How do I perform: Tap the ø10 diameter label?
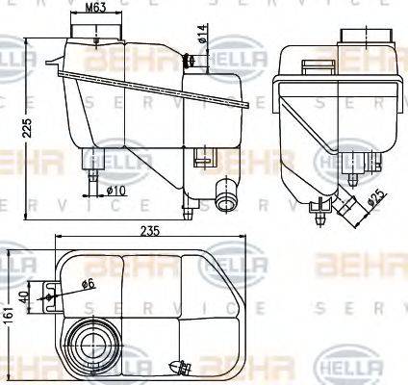click(115, 190)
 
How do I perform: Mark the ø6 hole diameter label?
click(87, 284)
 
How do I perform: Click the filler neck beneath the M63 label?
click(95, 33)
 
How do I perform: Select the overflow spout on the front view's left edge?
click(51, 66)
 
